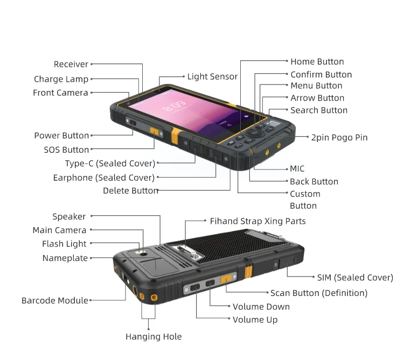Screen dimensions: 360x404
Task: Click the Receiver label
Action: [x=71, y=64]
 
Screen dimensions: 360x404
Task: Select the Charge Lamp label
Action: [x=61, y=79]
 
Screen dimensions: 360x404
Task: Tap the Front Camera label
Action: [x=60, y=93]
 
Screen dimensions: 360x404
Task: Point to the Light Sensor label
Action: [x=212, y=76]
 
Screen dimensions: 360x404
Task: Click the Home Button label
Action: [x=317, y=61]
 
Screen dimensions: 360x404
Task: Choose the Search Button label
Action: [x=319, y=110]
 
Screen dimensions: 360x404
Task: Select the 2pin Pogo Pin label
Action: [x=339, y=137]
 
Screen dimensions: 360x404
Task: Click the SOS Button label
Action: [x=66, y=150]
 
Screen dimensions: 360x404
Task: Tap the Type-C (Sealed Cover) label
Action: [x=110, y=163]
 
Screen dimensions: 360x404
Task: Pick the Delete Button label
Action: [x=130, y=190]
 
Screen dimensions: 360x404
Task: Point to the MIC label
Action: [x=297, y=168]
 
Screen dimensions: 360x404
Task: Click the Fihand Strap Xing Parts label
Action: [x=257, y=221]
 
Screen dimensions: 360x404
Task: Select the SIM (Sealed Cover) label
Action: [x=355, y=278]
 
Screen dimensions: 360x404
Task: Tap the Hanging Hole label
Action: [x=154, y=336]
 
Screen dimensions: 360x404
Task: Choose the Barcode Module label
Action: [x=54, y=300]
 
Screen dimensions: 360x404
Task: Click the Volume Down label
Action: [x=261, y=307]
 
